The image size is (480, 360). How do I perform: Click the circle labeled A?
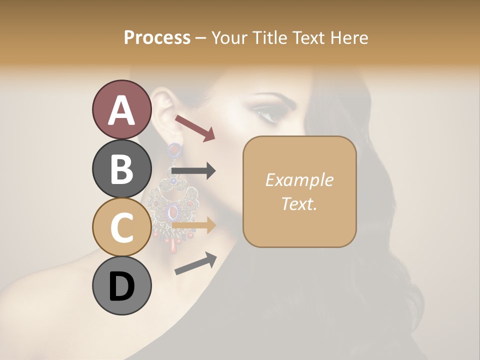[x=121, y=109]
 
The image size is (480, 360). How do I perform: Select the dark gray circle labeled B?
[x=121, y=168]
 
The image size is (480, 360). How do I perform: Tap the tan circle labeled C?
[x=121, y=227]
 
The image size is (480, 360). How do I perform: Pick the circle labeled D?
[x=121, y=286]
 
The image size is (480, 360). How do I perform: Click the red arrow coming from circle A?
[x=195, y=127]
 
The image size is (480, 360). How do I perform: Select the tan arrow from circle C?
[x=194, y=225]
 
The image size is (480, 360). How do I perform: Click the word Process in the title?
[x=157, y=37]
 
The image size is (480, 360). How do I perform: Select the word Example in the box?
[x=299, y=180]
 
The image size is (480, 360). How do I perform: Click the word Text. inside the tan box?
[x=299, y=203]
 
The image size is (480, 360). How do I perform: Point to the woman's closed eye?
[x=270, y=116]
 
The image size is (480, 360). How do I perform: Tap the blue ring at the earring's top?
[x=174, y=148]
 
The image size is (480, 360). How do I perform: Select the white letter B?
[x=121, y=168]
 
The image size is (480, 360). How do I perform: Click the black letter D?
[x=121, y=286]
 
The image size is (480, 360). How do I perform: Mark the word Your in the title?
[x=228, y=37]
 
